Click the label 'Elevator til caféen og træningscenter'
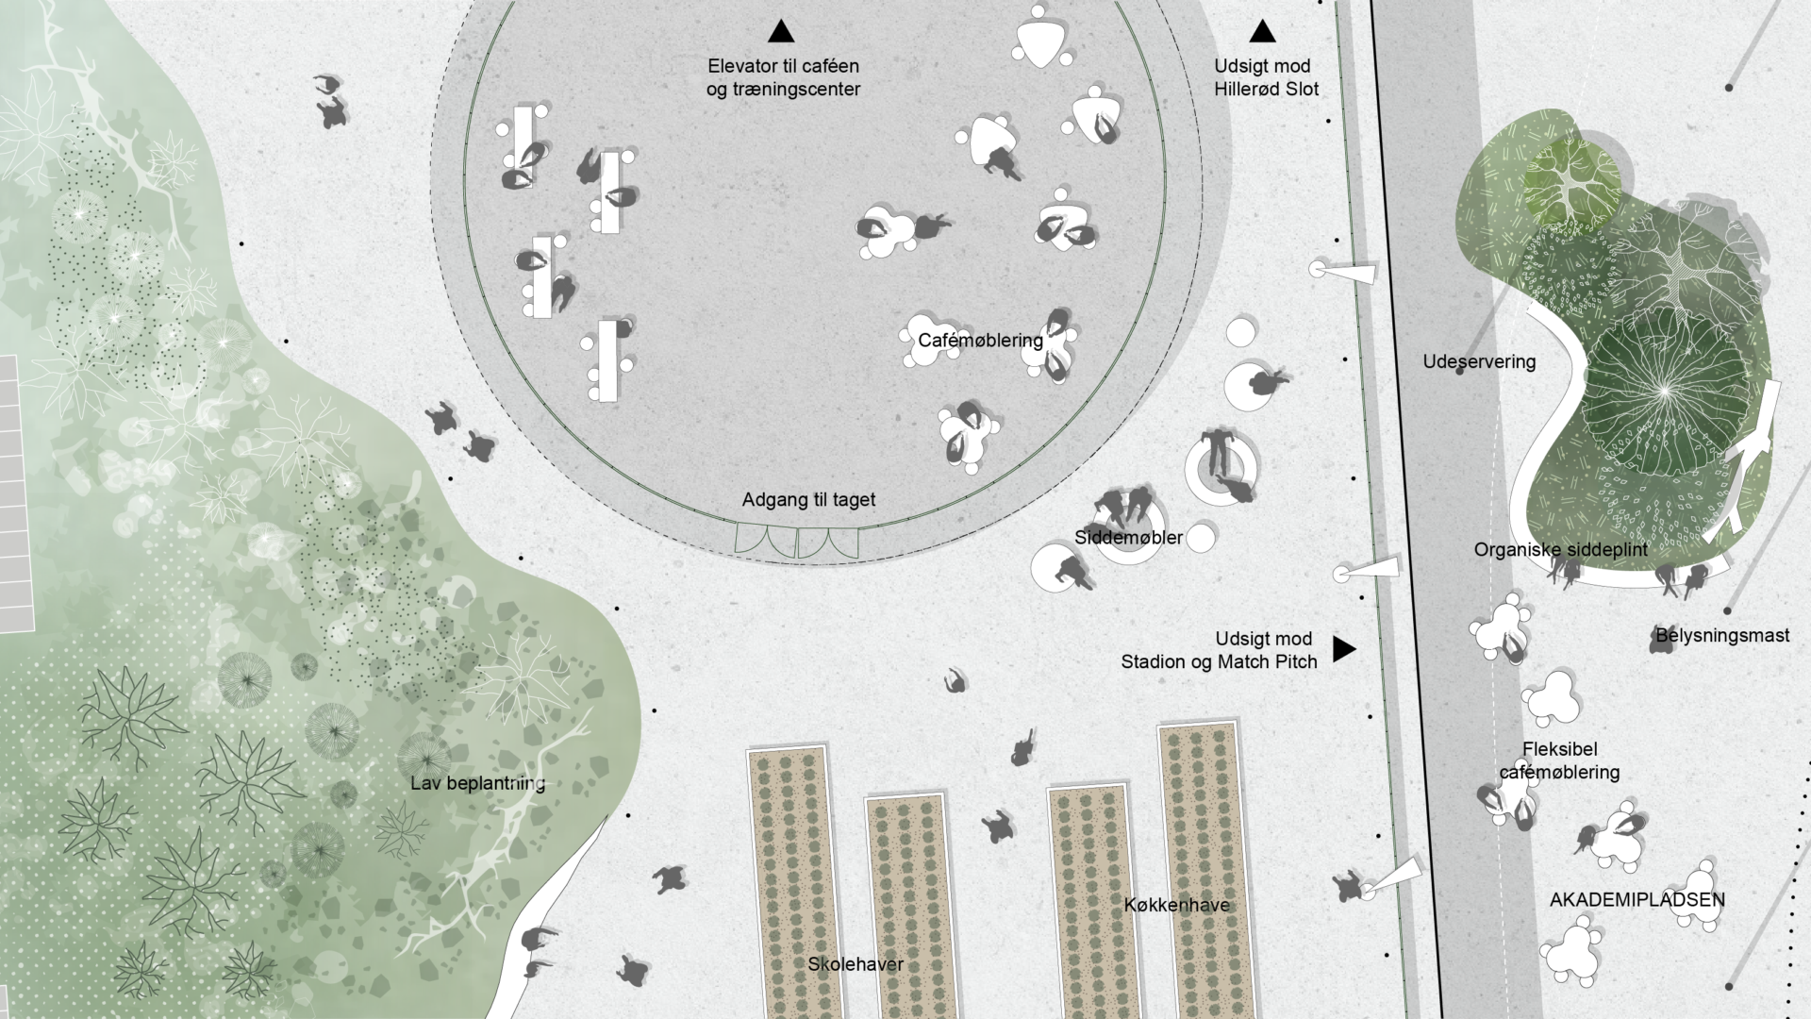coord(783,77)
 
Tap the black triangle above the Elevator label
coord(781,32)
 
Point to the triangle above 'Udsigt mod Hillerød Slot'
coord(1262,32)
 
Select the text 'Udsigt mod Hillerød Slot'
coord(1266,77)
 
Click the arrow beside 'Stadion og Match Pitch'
coord(1343,649)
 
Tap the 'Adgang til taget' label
coord(808,500)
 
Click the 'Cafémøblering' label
coord(980,340)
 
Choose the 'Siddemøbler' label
coord(1128,538)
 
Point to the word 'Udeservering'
coord(1479,361)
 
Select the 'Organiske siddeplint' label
coord(1561,550)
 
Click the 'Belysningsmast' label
coord(1722,636)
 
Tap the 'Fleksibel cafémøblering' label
coord(1559,760)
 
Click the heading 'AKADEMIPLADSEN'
coord(1637,899)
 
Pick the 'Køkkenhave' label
coord(1176,905)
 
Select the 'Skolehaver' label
coord(856,964)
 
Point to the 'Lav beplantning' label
coord(477,783)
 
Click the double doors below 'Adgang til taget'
coord(797,542)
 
